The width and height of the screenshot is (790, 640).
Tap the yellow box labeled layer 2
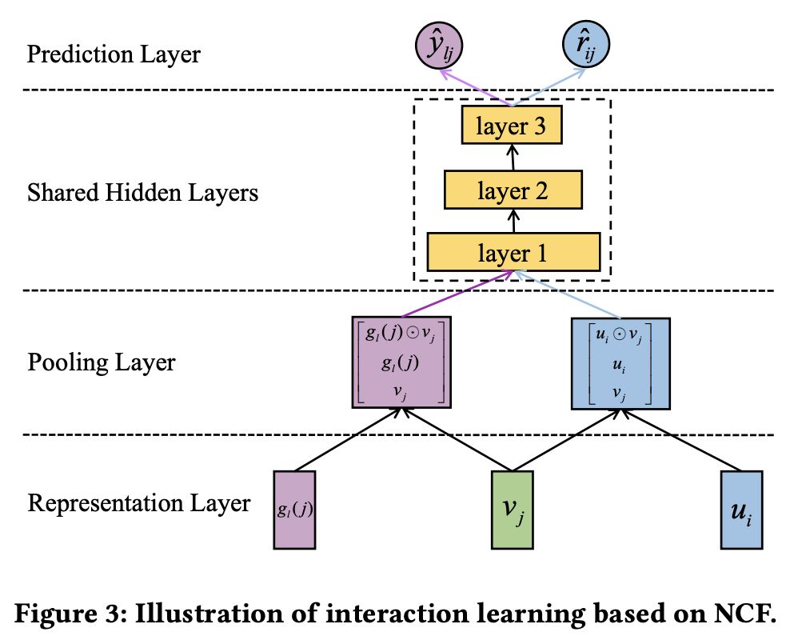point(513,190)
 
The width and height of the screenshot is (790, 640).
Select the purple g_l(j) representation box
point(294,510)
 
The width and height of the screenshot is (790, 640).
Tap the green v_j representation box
point(512,510)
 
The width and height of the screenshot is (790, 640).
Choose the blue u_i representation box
point(741,510)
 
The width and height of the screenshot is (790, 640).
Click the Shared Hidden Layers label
point(142,193)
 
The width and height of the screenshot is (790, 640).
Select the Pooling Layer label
point(101,362)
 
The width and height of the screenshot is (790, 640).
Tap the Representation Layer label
point(138,503)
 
